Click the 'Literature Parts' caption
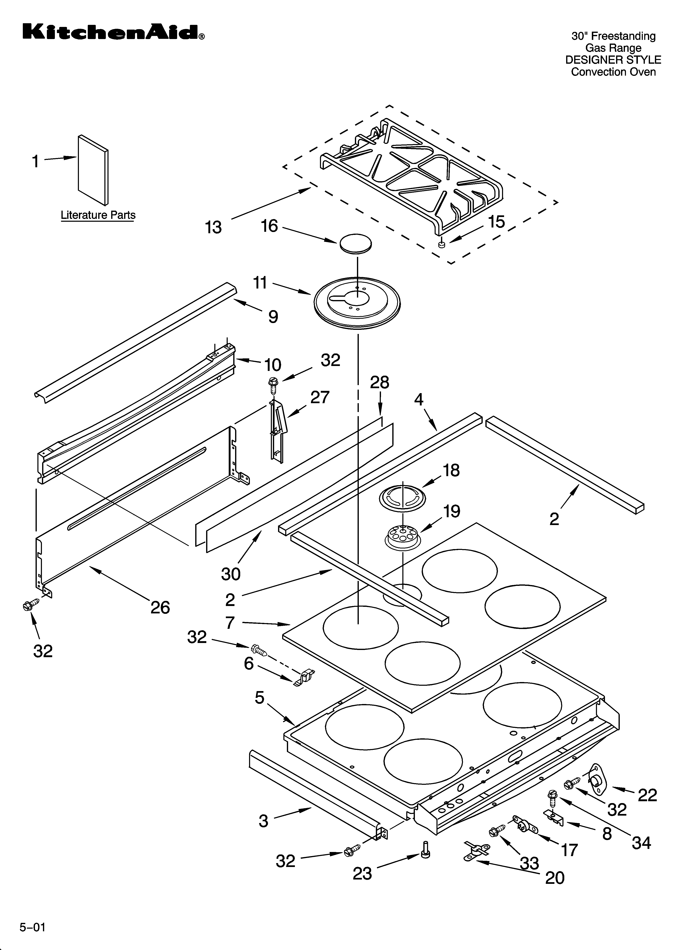pos(98,215)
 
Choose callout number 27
pos(320,397)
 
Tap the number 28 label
pos(380,382)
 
